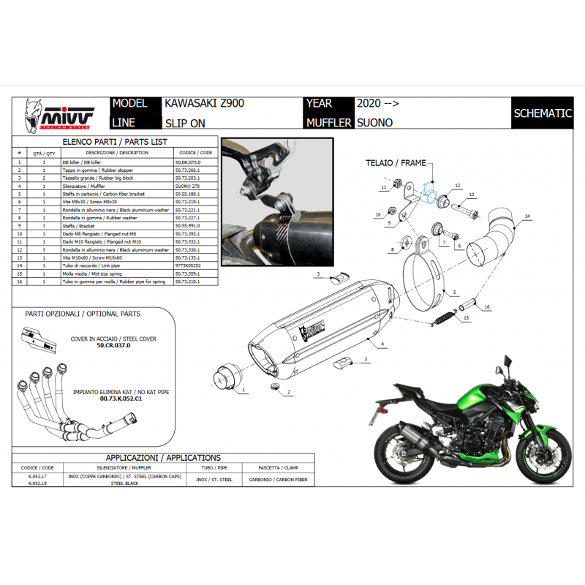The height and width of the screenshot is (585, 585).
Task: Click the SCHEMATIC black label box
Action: click(542, 113)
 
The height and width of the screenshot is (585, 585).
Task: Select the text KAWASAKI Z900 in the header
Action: click(199, 104)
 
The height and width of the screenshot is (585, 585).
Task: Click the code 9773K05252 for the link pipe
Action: click(188, 265)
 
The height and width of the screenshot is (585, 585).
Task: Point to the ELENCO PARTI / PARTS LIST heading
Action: click(116, 141)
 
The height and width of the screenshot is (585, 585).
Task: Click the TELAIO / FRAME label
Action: click(395, 163)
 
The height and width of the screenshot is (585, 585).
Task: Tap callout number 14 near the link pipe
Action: click(526, 216)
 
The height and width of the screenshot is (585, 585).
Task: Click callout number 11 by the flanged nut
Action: click(382, 188)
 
